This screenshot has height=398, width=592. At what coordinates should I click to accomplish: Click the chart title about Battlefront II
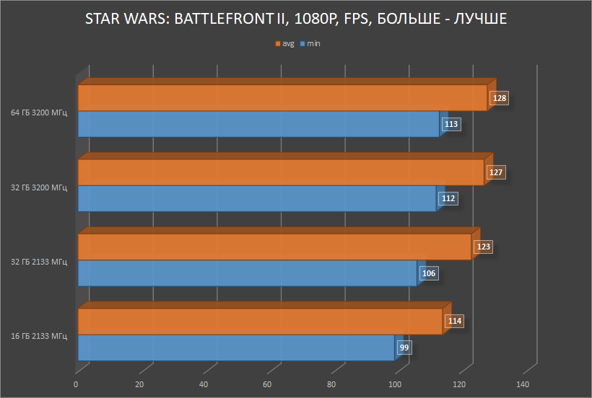296,19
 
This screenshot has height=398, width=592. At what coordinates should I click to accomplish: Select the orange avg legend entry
284,44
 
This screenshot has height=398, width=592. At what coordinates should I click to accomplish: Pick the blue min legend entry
310,44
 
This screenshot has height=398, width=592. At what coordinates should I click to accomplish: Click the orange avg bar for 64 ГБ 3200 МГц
282,98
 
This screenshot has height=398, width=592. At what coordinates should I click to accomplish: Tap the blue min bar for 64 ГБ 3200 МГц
258,124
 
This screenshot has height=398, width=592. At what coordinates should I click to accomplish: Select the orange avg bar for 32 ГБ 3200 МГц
280,172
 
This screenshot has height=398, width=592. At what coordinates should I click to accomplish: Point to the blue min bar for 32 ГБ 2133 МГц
246,273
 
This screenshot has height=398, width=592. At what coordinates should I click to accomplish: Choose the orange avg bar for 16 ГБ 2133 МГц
259,322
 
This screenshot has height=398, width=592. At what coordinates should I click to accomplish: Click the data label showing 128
499,98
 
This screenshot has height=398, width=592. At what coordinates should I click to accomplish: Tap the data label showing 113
451,124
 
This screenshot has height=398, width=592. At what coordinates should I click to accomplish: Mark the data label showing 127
495,172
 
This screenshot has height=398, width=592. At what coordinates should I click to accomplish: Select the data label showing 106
429,273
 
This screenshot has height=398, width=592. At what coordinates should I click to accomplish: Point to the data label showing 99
404,348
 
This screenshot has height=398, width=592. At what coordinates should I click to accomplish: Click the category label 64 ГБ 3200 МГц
39,112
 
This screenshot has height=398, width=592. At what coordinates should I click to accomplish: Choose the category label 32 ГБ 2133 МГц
39,261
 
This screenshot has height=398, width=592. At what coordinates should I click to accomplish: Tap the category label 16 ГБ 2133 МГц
39,336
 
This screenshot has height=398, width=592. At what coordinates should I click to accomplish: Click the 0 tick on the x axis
76,384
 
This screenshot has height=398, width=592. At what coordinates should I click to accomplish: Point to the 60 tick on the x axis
267,384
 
